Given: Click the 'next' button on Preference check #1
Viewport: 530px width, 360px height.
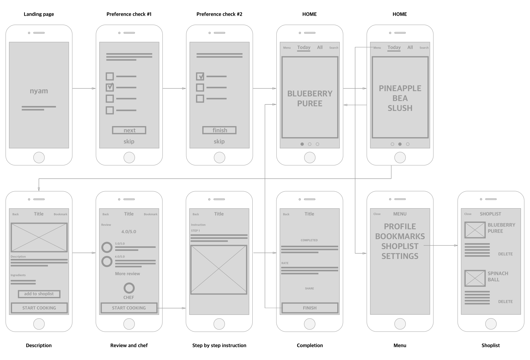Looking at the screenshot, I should coord(129,130).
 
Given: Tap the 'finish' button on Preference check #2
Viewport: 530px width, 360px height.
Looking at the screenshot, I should coord(219,130).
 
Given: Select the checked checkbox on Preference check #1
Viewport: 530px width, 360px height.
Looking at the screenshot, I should coord(110,87).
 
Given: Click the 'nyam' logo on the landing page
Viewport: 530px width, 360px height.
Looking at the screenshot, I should coord(39,91).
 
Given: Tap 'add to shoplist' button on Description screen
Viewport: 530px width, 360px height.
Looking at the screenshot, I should coord(39,294).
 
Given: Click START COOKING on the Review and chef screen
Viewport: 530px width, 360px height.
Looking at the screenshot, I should coord(129,308).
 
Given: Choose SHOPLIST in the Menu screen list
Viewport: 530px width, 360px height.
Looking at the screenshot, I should coord(400,246).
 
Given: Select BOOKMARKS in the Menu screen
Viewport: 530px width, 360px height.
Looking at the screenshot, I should coord(400,236).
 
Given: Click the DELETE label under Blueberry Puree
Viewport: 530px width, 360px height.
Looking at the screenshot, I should coord(505,254).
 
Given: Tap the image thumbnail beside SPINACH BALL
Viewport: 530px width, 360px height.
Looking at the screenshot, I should coord(475,278).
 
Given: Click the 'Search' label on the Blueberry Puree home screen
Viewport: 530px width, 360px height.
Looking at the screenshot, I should coord(334,48).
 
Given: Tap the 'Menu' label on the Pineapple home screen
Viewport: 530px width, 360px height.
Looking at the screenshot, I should coord(377,48).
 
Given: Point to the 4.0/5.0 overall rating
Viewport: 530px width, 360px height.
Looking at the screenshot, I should coord(129,232).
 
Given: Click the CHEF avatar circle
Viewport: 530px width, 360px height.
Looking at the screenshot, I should coord(129,288).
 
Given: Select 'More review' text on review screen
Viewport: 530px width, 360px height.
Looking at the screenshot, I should coord(128,274).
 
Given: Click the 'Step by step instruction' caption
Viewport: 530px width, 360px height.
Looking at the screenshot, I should coord(219,345).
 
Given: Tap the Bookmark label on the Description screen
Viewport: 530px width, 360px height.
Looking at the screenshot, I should coord(61,214).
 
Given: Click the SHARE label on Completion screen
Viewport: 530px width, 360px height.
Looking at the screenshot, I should coord(309,288).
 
